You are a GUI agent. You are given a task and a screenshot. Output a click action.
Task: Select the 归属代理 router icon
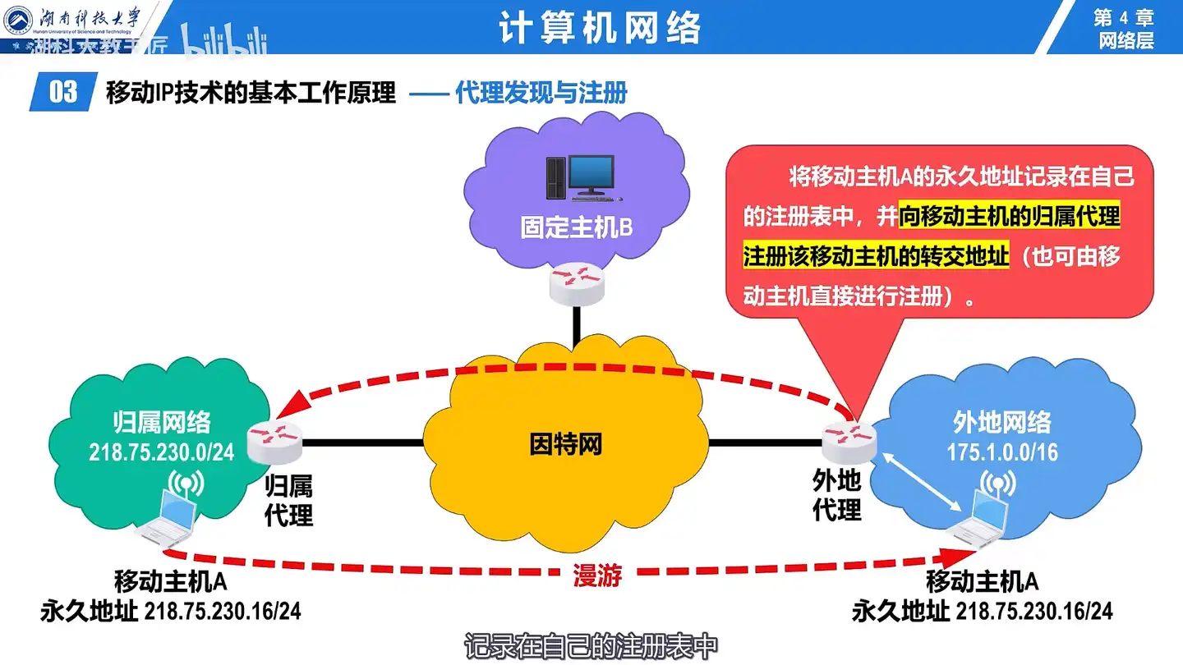coord(274,444)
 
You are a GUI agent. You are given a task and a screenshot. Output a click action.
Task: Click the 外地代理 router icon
coord(849,444)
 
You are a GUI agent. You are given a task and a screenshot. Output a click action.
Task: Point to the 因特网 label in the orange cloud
coord(565,444)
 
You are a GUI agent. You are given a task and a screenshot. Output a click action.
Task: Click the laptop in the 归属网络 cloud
coord(168,519)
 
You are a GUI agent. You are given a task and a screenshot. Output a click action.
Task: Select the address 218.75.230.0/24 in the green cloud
coord(162,452)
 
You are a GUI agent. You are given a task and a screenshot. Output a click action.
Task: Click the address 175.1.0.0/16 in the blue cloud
coord(1001,452)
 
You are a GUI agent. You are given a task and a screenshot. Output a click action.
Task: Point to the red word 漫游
coord(597,576)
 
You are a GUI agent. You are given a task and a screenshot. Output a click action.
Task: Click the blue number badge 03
coord(63,92)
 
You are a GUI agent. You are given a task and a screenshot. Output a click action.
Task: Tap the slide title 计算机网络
coord(601,28)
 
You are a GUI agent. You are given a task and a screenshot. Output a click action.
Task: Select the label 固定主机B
coord(577,227)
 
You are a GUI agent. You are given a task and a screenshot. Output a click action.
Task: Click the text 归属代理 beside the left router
coord(288,502)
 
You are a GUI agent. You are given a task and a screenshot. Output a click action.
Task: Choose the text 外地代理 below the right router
coord(837,495)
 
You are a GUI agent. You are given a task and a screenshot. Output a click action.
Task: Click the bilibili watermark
coord(225,43)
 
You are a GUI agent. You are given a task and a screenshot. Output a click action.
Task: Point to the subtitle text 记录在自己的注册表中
coord(591,646)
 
